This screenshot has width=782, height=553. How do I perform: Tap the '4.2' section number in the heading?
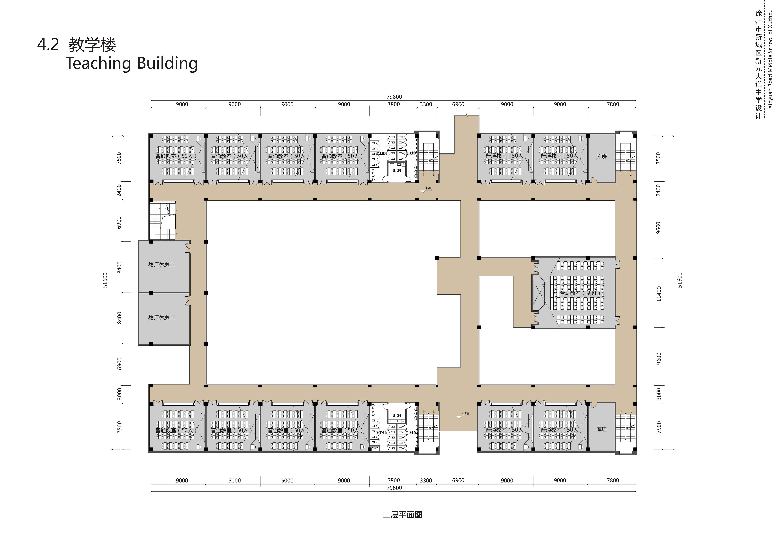click(48, 45)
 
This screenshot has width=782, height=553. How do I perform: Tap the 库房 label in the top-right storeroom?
click(602, 157)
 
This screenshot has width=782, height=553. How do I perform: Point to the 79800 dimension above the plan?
click(394, 97)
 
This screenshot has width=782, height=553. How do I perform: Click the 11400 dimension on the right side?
click(659, 294)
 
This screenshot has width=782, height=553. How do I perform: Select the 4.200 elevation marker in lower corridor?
click(465, 414)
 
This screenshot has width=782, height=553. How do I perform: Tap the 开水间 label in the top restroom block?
click(396, 170)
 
